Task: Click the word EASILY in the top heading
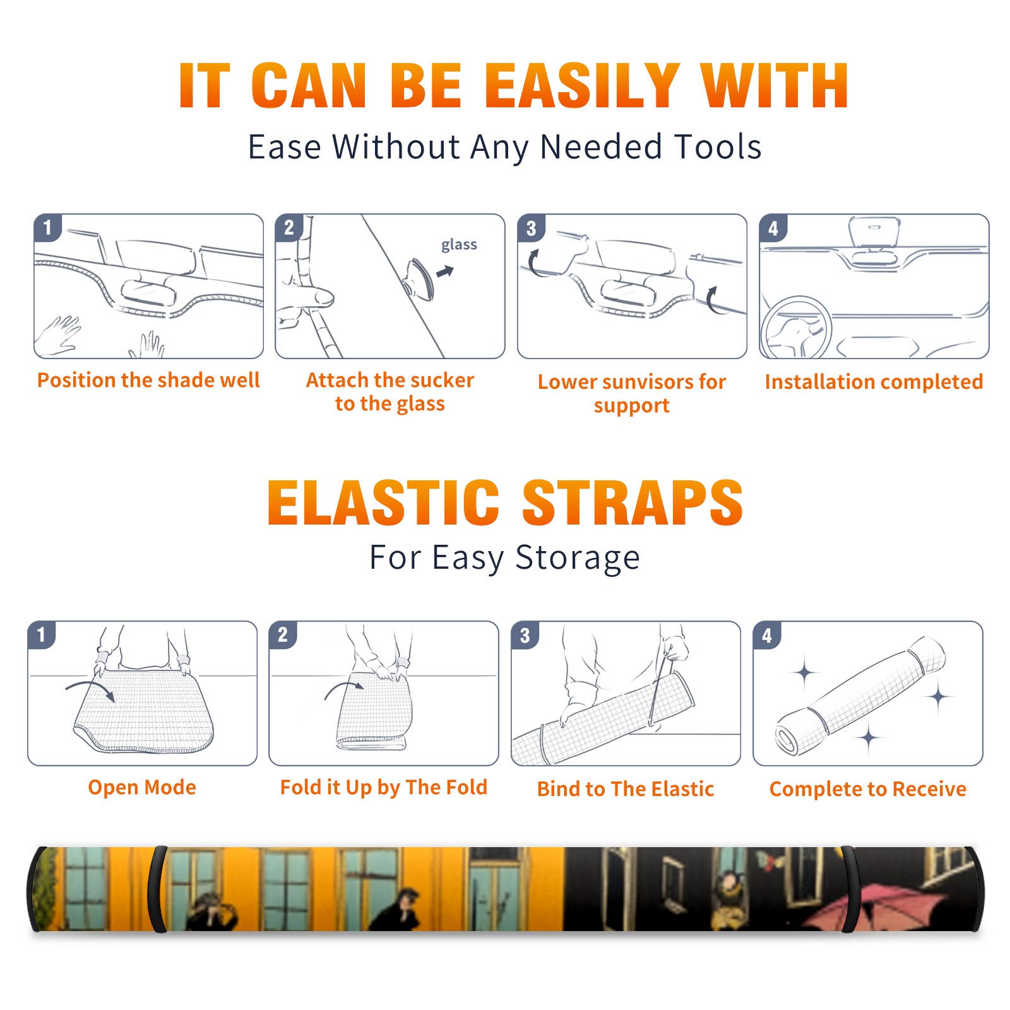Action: (582, 86)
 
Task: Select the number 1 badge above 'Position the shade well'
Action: (48, 227)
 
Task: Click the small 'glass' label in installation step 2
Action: (459, 244)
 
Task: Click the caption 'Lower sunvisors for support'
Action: (632, 393)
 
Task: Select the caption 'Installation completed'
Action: (874, 381)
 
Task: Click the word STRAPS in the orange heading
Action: (633, 502)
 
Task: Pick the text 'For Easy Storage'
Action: (505, 557)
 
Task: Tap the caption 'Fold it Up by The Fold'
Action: (384, 787)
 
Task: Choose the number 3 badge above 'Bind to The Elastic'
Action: (525, 635)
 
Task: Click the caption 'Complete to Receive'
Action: (868, 789)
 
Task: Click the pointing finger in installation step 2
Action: (309, 295)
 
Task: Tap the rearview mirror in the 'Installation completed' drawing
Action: (874, 232)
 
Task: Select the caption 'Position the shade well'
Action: (148, 380)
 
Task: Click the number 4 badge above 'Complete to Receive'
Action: (767, 635)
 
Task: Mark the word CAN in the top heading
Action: (309, 86)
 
